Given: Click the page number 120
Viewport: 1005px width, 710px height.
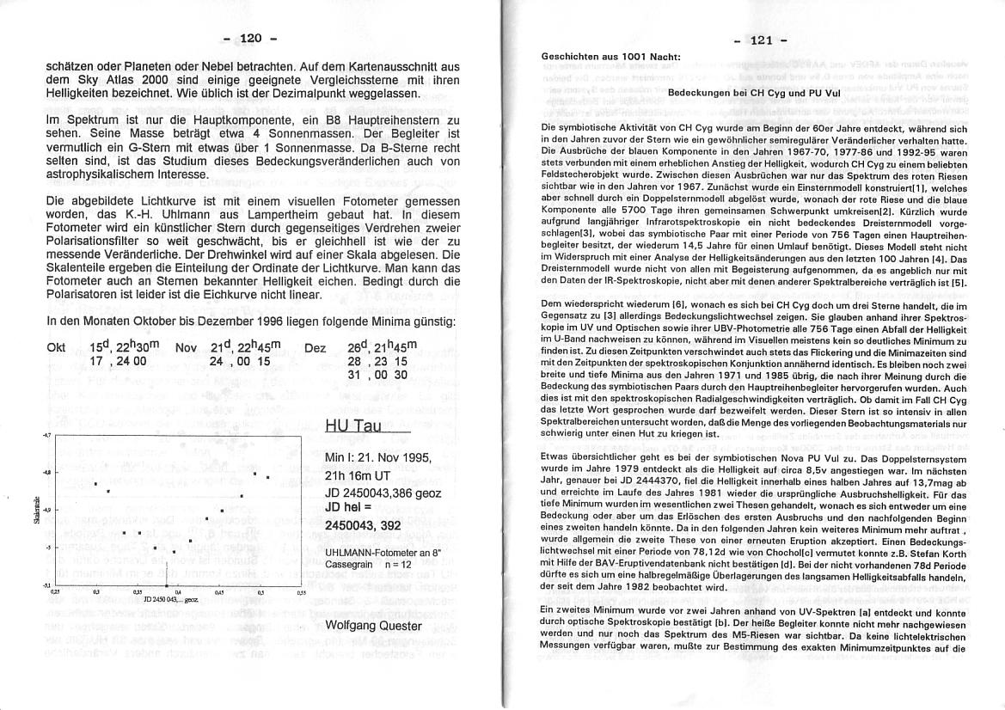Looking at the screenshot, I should pos(250,38).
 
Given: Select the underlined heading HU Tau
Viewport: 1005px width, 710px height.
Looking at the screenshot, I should pos(357,425).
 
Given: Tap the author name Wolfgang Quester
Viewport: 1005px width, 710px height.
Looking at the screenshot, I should pos(374,625).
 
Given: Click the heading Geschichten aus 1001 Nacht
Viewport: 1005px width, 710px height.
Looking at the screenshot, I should pos(610,58).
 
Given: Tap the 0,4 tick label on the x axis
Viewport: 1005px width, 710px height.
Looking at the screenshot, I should pos(177,592).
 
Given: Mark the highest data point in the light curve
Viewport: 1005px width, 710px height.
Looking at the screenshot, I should pos(254,472).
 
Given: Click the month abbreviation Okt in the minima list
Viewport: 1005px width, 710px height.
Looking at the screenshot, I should pos(58,349).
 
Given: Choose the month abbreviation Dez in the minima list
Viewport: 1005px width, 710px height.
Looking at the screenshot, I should pos(315,349).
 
